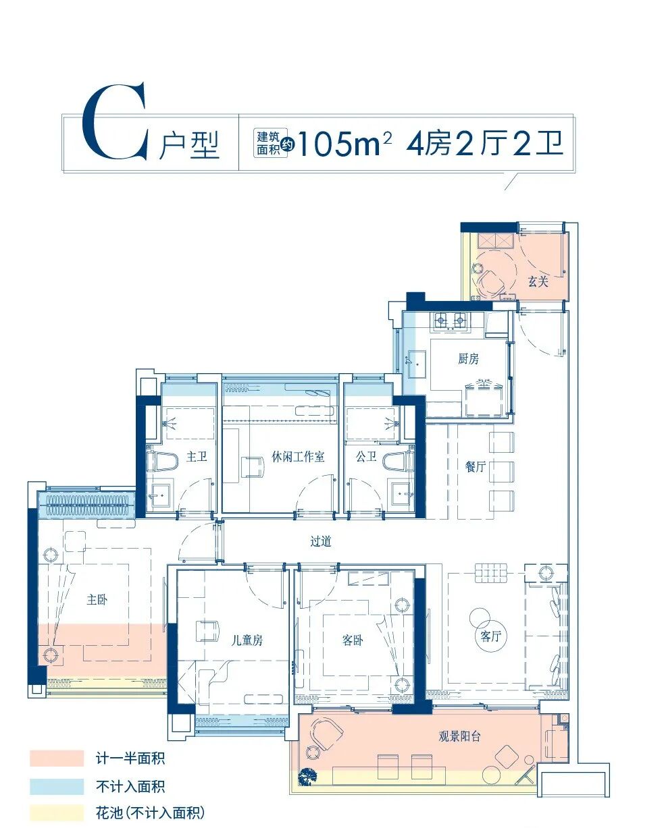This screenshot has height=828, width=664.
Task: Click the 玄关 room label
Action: click(x=538, y=282)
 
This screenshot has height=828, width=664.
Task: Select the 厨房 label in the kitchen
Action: click(x=468, y=359)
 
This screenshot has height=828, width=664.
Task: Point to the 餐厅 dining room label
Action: click(x=476, y=466)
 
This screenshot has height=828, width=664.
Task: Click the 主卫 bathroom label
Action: click(x=197, y=457)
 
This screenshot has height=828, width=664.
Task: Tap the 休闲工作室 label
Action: click(x=298, y=457)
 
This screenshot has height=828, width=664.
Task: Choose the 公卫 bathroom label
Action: click(x=366, y=457)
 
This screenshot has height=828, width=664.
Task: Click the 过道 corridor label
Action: click(x=321, y=541)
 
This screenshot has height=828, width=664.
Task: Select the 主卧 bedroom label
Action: click(x=97, y=599)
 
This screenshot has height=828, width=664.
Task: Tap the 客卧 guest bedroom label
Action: click(x=353, y=640)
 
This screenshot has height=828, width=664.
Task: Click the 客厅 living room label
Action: click(x=491, y=636)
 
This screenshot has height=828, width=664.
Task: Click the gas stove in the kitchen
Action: click(x=451, y=319)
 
